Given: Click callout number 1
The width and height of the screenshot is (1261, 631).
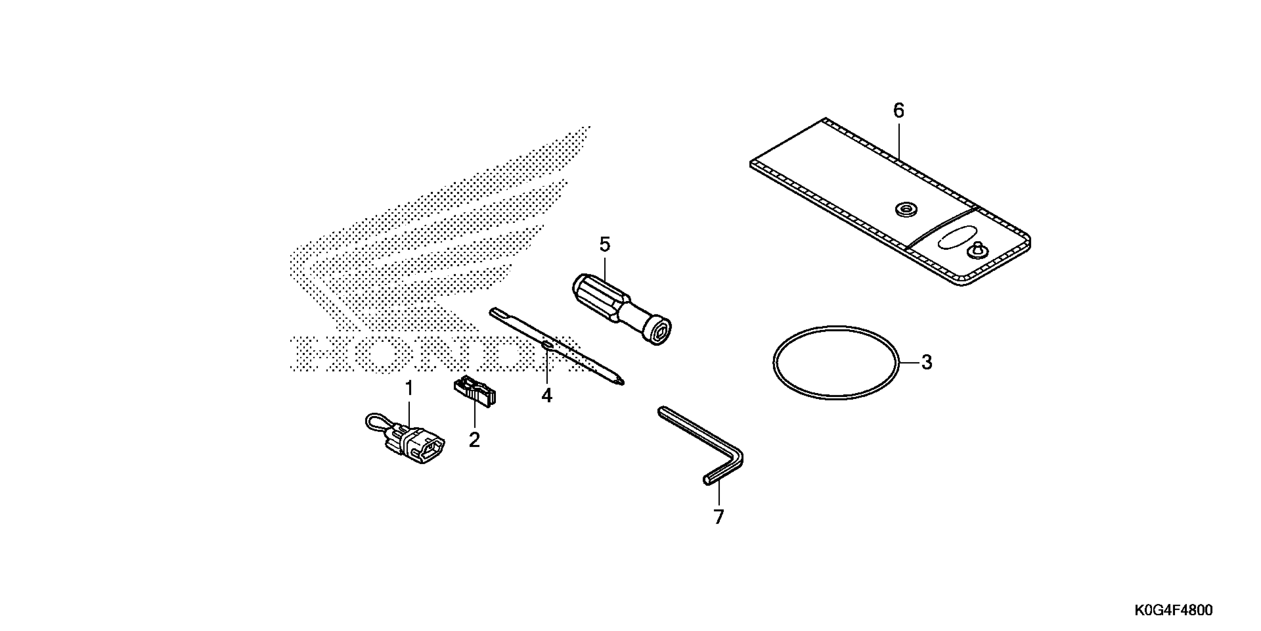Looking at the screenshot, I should (409, 389).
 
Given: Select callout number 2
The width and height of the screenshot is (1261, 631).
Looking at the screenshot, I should (474, 439).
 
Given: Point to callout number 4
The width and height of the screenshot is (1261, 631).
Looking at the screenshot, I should (546, 395).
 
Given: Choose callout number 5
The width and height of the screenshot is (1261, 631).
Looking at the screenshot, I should (605, 245).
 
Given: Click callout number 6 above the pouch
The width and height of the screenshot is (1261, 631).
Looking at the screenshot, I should (898, 111).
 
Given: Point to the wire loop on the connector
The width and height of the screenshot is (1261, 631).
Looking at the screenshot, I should (377, 420).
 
